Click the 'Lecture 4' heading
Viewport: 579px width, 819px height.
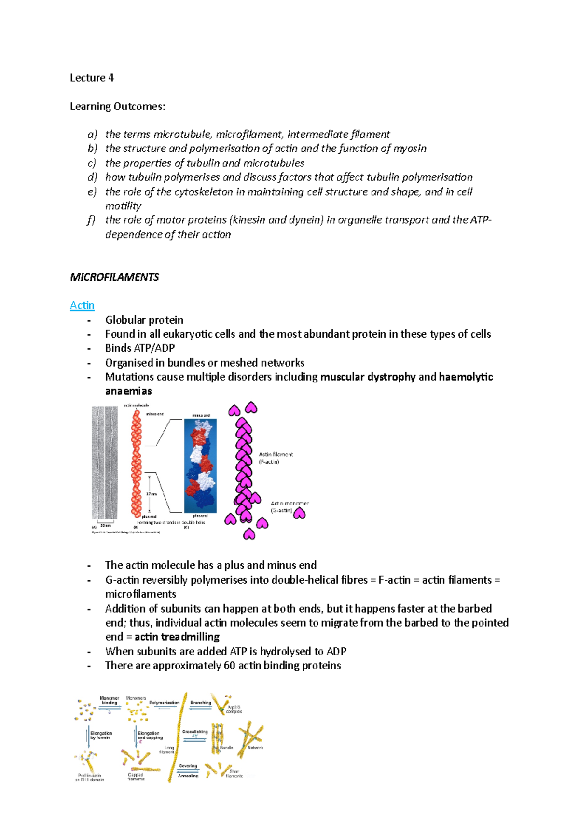pyautogui.click(x=92, y=78)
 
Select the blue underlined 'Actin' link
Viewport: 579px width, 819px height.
pyautogui.click(x=82, y=305)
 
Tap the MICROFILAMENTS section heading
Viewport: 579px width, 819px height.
pyautogui.click(x=114, y=277)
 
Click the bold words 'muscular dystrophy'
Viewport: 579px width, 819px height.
pyautogui.click(x=368, y=377)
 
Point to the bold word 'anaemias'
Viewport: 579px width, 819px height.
pyautogui.click(x=128, y=391)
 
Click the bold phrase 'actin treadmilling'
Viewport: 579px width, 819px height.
pyautogui.click(x=177, y=637)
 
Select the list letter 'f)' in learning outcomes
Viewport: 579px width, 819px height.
pyautogui.click(x=91, y=220)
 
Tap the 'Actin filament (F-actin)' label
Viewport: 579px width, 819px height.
pyautogui.click(x=276, y=458)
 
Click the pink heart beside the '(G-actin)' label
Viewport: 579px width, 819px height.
pyautogui.click(x=300, y=513)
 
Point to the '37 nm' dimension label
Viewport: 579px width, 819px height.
pyautogui.click(x=152, y=494)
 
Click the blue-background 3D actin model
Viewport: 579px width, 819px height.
pyautogui.click(x=200, y=465)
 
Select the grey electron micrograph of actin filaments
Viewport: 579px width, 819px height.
pyautogui.click(x=105, y=462)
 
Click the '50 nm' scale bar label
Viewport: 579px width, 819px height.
pyautogui.click(x=105, y=526)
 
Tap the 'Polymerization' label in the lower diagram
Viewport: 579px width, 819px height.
pyautogui.click(x=164, y=703)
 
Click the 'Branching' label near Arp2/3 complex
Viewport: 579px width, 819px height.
pyautogui.click(x=201, y=703)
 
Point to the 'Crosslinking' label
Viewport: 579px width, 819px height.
pyautogui.click(x=195, y=732)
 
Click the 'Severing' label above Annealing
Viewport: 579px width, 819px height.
pyautogui.click(x=188, y=766)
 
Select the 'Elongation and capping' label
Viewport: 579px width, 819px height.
pyautogui.click(x=150, y=735)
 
